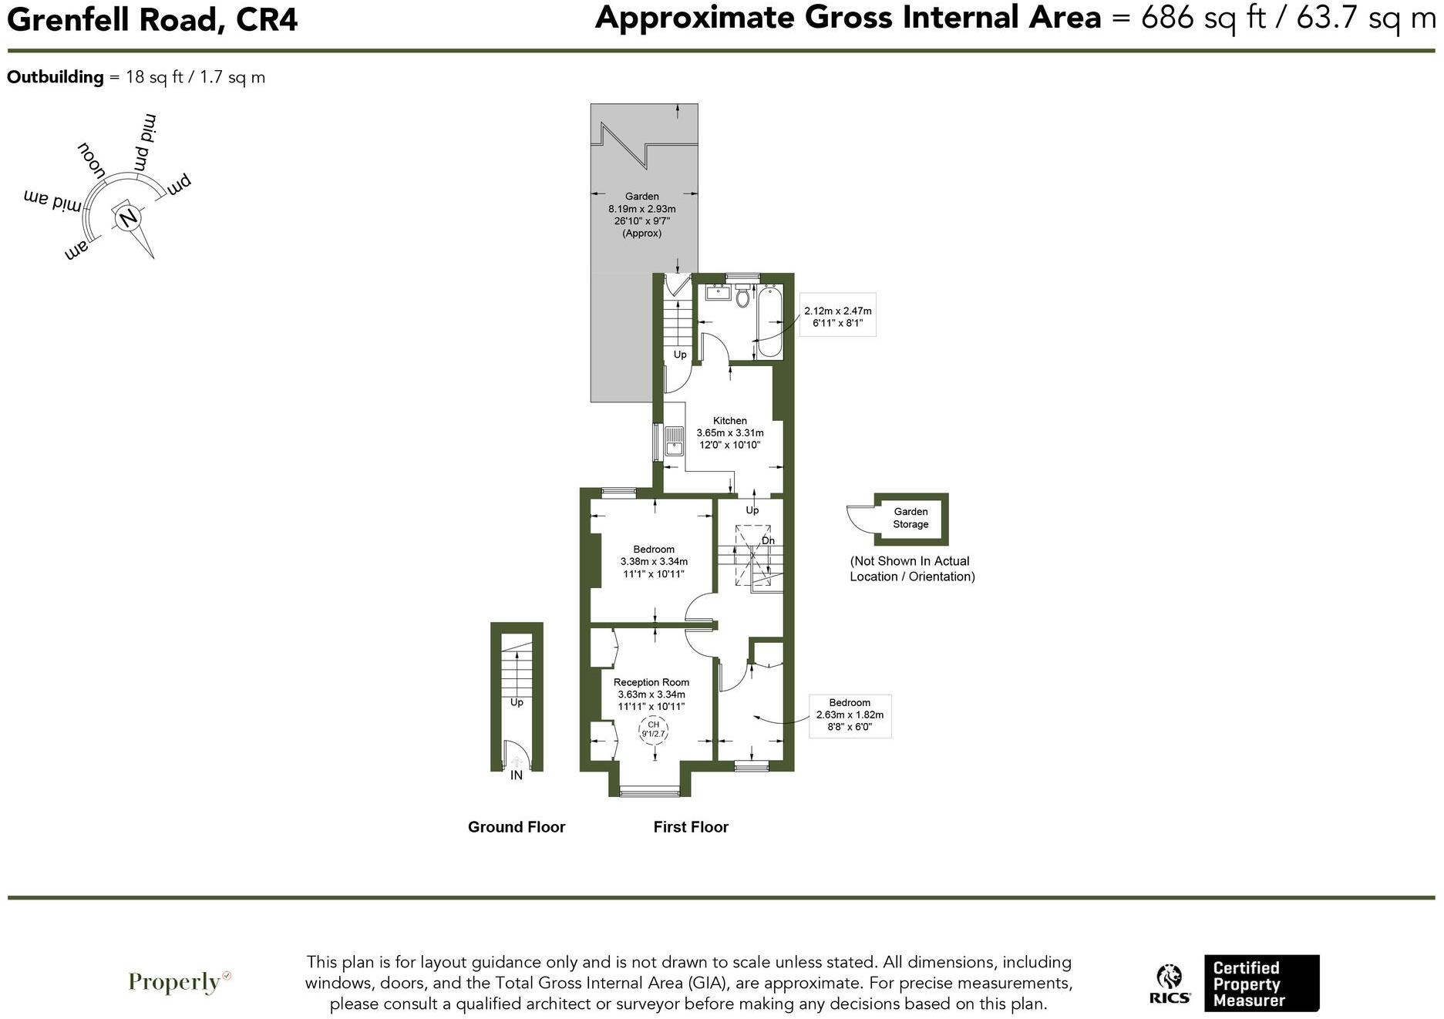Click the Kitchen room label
pos(729,421)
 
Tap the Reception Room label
pos(651,682)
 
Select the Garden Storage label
pos(910,518)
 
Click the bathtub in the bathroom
pos(770,321)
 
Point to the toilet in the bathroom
pos(742,296)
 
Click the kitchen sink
pos(674,440)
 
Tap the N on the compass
pos(128,218)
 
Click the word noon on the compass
pos(92,160)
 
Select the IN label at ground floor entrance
pos(517,775)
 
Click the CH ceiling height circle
pos(653,729)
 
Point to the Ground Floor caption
pos(517,827)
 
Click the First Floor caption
pos(691,827)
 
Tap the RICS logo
pos(1170,984)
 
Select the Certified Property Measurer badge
pos(1261,984)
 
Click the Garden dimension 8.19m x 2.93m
pos(642,209)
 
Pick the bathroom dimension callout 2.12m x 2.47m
pos(837,311)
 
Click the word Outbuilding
pos(55,77)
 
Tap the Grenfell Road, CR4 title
pos(152,20)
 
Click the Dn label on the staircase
pos(768,541)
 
